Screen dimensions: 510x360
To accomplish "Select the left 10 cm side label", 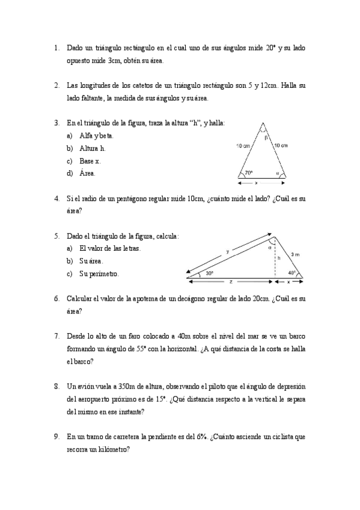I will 243,146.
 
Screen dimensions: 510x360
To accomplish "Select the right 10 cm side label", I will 281,146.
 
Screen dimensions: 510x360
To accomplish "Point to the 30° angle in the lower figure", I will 209,272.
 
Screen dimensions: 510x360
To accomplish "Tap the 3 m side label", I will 294,254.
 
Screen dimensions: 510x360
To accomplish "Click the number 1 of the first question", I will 56,48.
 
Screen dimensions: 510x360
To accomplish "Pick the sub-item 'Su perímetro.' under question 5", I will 99,274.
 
